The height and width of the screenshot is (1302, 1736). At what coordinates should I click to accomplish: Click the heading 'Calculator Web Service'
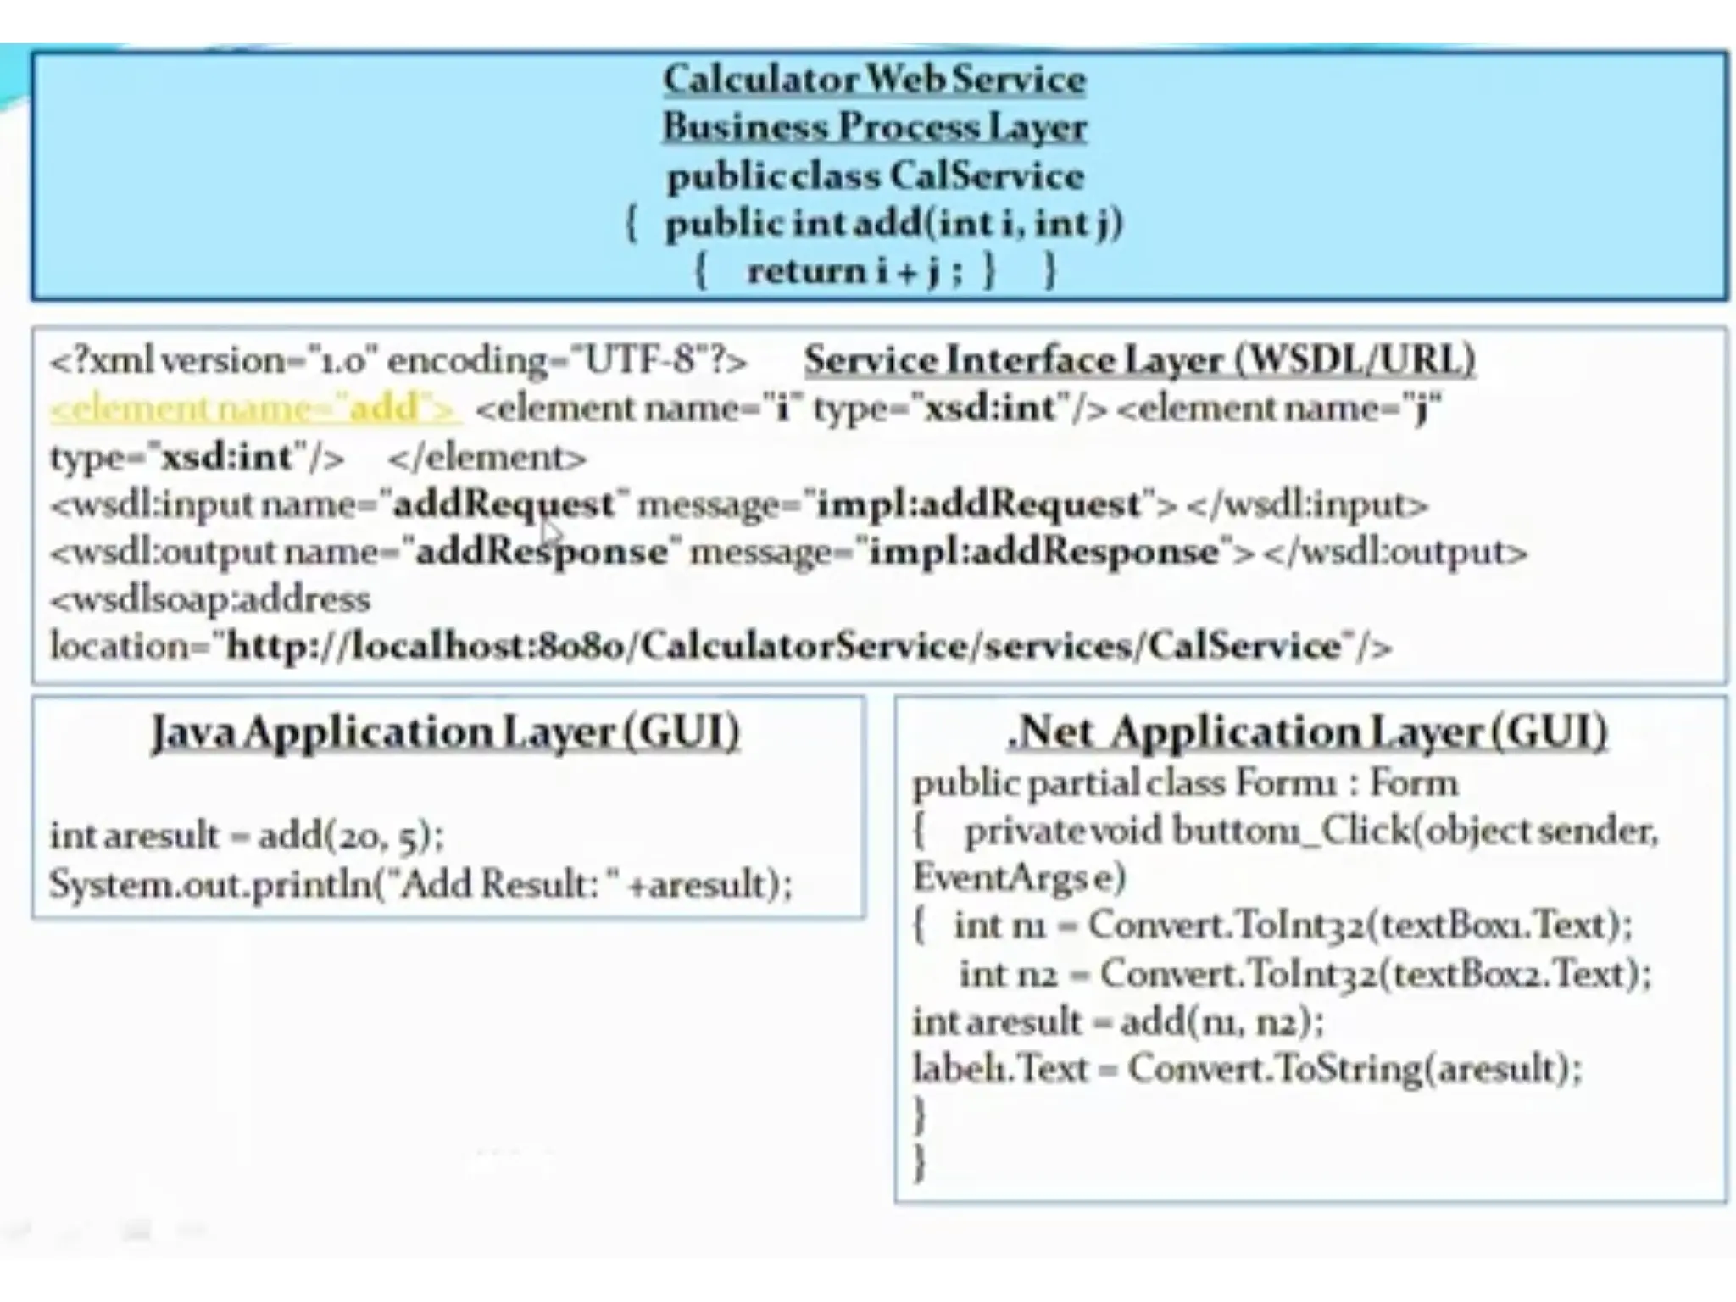click(x=874, y=80)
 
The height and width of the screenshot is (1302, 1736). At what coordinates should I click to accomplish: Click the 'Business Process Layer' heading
click(x=874, y=127)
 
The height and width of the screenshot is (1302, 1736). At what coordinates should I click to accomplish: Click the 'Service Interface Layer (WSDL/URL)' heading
click(x=1139, y=360)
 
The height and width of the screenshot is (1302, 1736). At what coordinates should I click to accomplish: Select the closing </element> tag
click(x=487, y=459)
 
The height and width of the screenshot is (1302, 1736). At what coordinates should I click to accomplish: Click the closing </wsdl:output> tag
click(x=1395, y=553)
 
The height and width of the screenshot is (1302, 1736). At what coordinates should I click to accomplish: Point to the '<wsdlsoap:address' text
click(x=210, y=600)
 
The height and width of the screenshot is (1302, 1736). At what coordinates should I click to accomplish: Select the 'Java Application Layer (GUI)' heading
click(x=446, y=732)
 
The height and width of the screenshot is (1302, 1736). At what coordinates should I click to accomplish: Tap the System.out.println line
click(x=420, y=885)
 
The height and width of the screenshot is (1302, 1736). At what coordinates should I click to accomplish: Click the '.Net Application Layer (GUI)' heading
click(x=1307, y=732)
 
